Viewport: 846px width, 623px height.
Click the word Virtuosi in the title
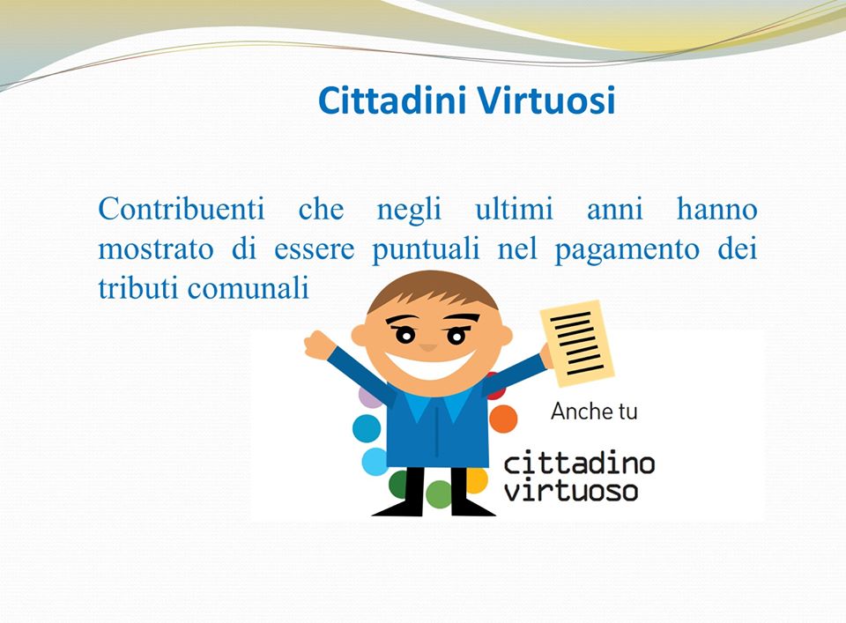(x=545, y=100)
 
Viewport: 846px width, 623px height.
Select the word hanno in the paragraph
(x=716, y=210)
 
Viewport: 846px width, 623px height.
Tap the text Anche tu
(x=593, y=412)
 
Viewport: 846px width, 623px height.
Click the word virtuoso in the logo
(x=570, y=490)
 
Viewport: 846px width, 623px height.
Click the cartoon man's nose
(x=429, y=345)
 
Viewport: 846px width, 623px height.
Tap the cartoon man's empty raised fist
(x=318, y=344)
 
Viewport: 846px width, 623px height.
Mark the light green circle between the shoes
(x=438, y=495)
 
